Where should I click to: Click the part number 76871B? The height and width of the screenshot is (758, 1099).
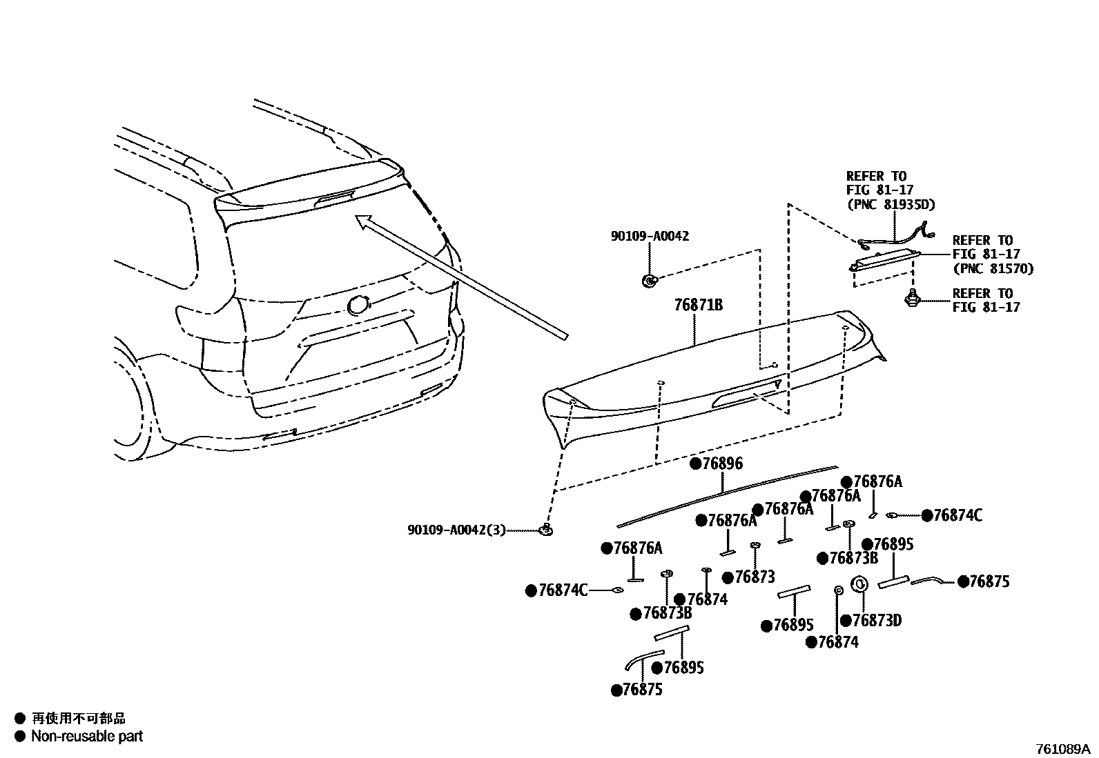698,305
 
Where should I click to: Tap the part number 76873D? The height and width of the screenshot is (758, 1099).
876,621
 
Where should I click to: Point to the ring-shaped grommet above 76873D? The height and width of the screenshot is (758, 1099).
860,584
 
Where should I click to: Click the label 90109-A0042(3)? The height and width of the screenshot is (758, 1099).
456,530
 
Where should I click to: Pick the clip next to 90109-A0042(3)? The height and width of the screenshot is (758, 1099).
546,530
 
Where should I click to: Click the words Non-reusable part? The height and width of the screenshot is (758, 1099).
87,736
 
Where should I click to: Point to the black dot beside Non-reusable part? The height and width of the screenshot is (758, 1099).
19,736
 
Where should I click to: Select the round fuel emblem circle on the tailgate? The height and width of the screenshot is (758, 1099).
358,305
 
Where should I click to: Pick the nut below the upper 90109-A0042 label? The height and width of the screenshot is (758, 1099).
649,279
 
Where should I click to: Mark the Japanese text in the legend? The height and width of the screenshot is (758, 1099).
79,719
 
